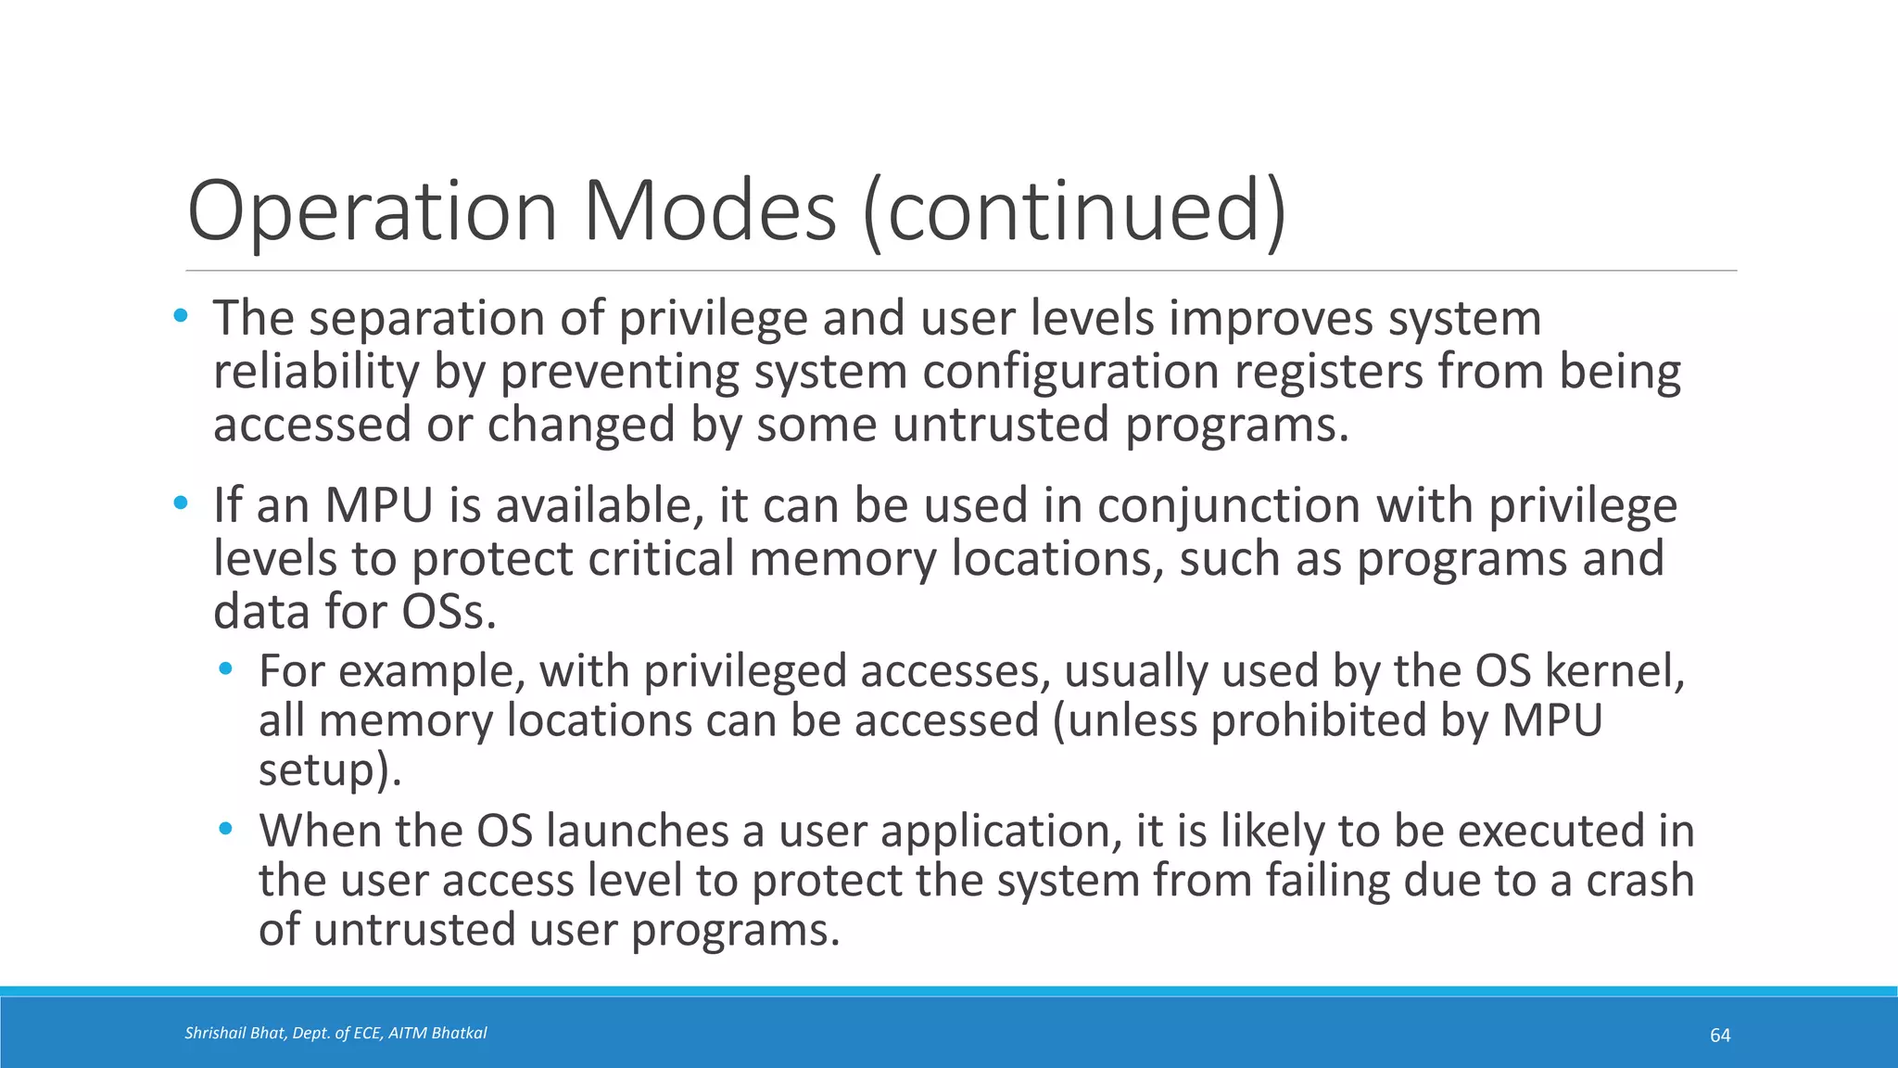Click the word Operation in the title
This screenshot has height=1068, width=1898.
[371, 212]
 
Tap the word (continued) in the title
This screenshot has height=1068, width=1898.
[1075, 212]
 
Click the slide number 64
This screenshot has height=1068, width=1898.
[1720, 1036]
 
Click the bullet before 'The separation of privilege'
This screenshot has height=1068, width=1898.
[181, 317]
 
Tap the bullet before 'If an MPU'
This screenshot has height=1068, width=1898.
[181, 504]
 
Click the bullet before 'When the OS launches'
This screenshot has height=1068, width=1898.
[226, 829]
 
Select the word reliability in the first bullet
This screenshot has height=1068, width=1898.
[316, 372]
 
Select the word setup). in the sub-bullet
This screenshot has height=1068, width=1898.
[330, 769]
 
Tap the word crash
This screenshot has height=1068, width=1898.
[1639, 880]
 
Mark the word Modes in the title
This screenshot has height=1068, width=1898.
[710, 212]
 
